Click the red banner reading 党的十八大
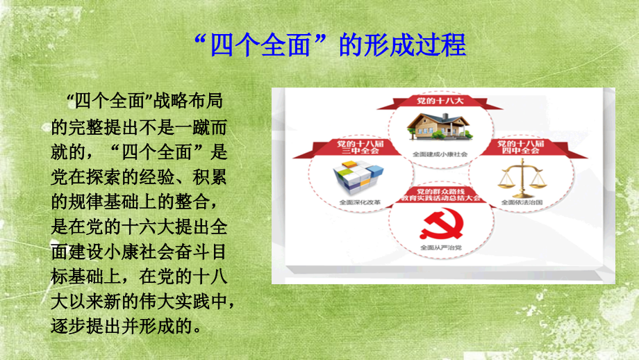[435, 102]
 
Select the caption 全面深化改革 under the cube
[356, 203]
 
